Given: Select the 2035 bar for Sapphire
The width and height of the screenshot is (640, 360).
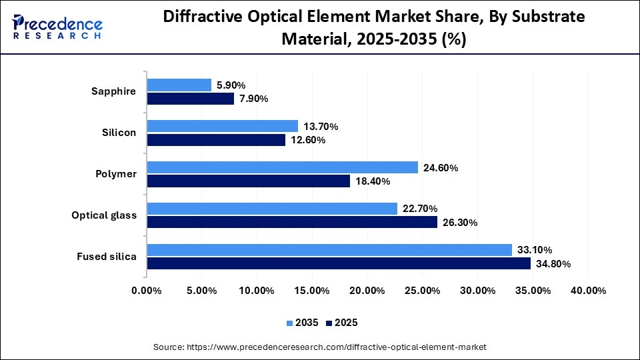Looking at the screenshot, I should pos(179,85).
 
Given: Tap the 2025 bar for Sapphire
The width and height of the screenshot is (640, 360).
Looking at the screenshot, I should pos(191,99).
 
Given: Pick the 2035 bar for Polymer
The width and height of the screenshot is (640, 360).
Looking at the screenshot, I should pos(282,167).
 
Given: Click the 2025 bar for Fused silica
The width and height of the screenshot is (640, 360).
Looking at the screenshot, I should pos(339,263).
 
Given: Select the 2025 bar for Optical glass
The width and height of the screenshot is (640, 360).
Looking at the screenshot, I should pos(292,222).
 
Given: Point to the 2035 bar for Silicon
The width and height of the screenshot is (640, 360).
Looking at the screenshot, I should pos(222,126).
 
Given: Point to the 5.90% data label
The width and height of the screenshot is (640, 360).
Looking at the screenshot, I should pos(231,85).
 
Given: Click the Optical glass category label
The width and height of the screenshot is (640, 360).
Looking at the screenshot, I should pos(104,215).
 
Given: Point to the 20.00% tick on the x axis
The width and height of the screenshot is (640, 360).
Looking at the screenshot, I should pos(367,291).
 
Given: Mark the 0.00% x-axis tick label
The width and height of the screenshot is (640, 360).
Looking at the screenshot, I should pos(147,291).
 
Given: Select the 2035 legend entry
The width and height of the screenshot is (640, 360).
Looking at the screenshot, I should pos(303,323).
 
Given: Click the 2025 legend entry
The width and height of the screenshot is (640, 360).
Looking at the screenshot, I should pos(341,323).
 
